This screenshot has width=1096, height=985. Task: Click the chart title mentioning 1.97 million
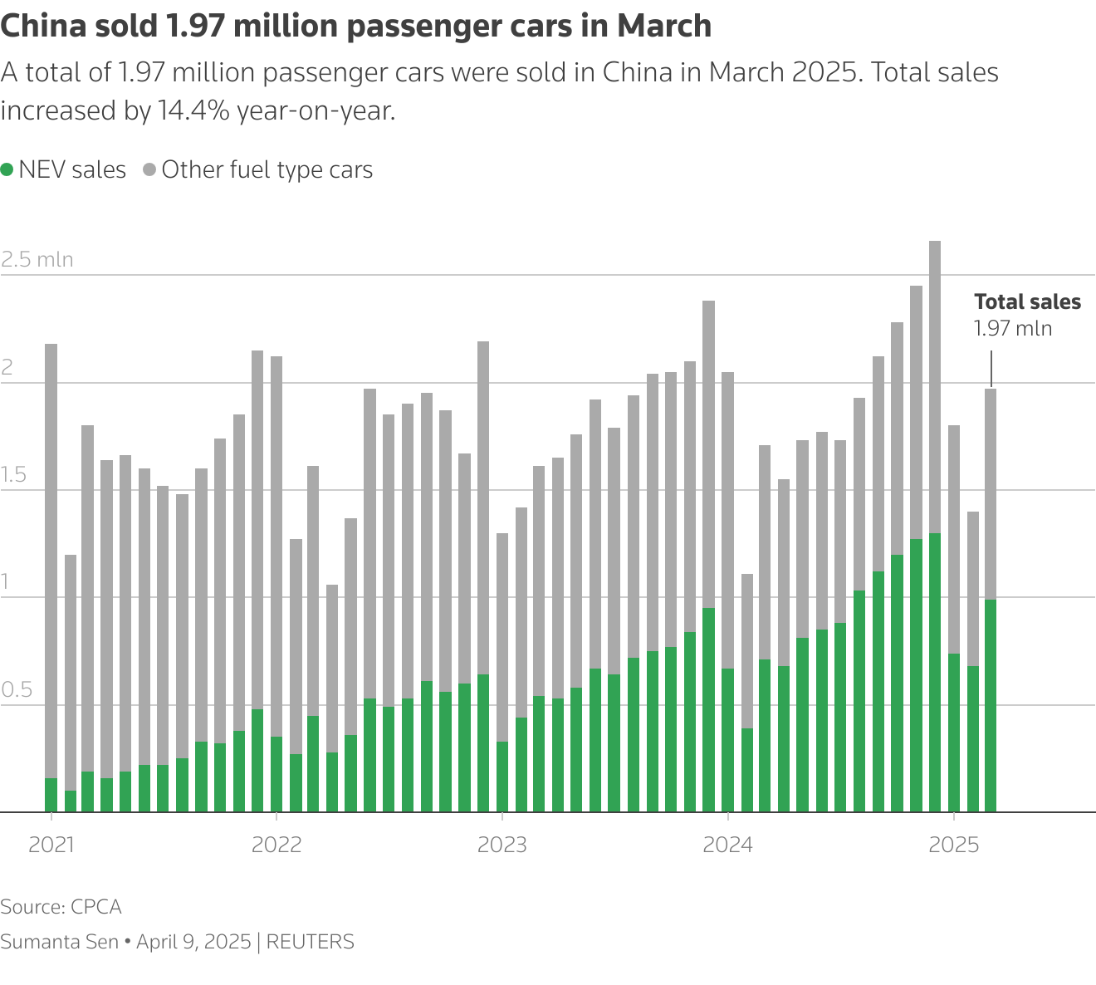tap(355, 27)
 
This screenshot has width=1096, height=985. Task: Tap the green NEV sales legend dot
tap(7, 169)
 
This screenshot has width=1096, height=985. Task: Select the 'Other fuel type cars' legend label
tap(267, 170)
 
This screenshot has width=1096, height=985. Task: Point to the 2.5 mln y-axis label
tap(37, 260)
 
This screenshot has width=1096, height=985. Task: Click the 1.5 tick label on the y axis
tap(15, 476)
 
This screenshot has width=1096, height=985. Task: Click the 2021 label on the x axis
tap(51, 845)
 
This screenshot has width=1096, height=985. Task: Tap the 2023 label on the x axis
tap(502, 845)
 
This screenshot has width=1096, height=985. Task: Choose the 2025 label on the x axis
tap(953, 845)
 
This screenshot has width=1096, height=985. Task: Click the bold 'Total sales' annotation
tap(1027, 302)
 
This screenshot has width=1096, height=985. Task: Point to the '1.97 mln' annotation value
tap(1013, 329)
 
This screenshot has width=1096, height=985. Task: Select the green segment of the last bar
tap(991, 706)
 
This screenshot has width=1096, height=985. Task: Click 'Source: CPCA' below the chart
tap(61, 907)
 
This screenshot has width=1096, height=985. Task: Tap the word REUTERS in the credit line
tap(311, 942)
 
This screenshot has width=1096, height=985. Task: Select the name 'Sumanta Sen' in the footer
tap(59, 942)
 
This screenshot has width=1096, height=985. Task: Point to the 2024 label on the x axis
tap(727, 845)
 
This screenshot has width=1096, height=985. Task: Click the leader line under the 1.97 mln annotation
tap(991, 369)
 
